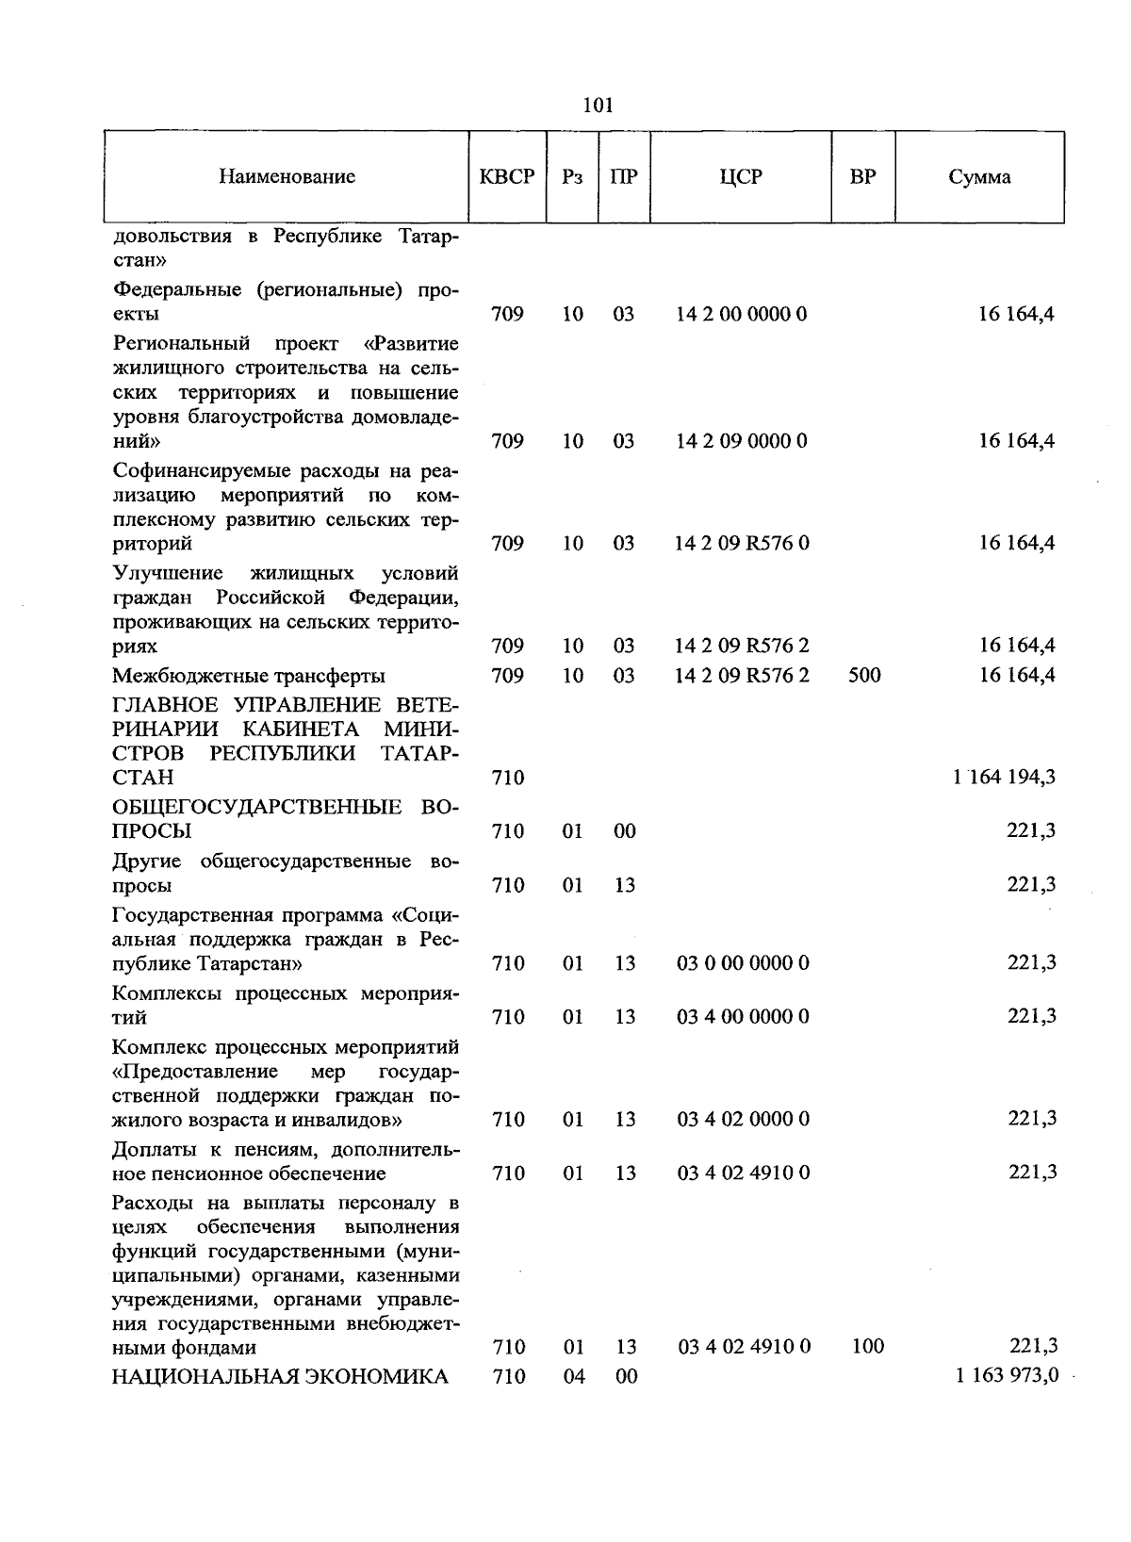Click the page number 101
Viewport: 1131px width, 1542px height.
click(x=598, y=106)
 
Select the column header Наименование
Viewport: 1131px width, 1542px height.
click(x=287, y=177)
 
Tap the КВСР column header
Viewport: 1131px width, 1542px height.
click(x=507, y=177)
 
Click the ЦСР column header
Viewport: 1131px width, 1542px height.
click(x=741, y=177)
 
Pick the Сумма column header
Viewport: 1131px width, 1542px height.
click(x=979, y=177)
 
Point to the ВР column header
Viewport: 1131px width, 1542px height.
click(x=862, y=177)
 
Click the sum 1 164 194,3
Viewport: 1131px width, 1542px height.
click(x=1004, y=778)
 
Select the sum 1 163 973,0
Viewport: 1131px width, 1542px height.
click(x=1006, y=1376)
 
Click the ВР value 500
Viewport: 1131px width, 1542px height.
click(x=864, y=676)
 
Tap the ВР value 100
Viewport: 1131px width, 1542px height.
click(x=867, y=1346)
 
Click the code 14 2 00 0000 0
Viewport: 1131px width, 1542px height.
click(x=742, y=315)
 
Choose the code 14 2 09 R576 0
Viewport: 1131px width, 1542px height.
click(x=742, y=544)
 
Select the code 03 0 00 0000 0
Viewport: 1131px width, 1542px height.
click(x=743, y=963)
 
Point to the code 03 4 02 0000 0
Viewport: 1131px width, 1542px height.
click(x=743, y=1120)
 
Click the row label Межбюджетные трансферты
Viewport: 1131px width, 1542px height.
click(x=249, y=676)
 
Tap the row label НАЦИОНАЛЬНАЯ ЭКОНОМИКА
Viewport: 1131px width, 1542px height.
click(x=280, y=1377)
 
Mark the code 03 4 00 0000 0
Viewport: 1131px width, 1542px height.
click(x=743, y=1017)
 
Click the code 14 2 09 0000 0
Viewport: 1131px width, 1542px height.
click(x=742, y=442)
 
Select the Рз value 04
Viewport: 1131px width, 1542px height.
click(x=574, y=1377)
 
